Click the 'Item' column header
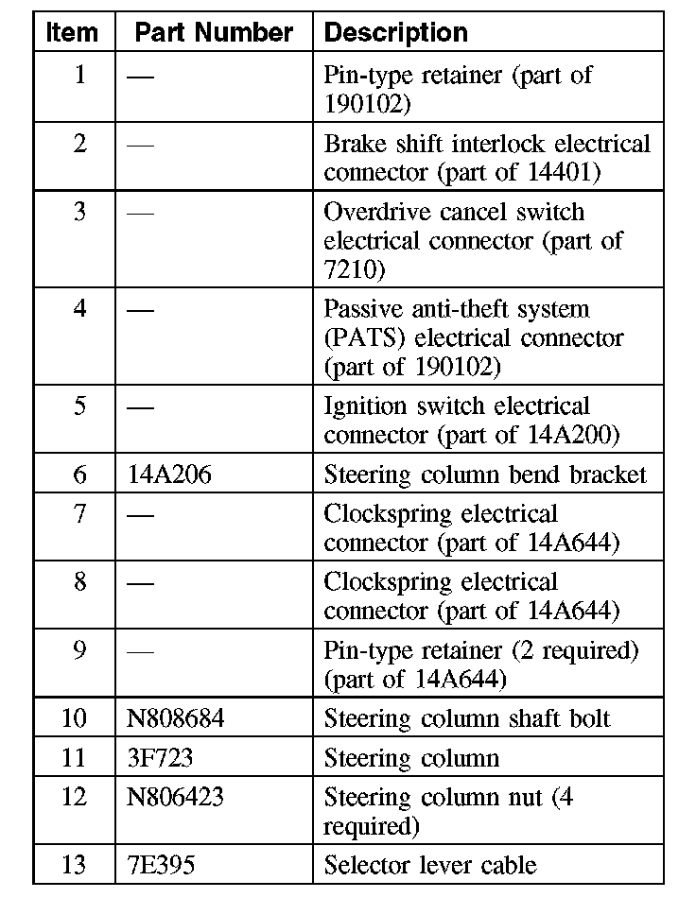click(72, 32)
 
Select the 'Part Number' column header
click(214, 32)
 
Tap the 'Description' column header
click(395, 32)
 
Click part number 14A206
click(169, 474)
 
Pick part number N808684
click(176, 717)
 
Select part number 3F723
click(160, 758)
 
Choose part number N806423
click(176, 798)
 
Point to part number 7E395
click(161, 864)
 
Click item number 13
click(74, 864)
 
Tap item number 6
click(79, 474)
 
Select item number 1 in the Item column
click(79, 75)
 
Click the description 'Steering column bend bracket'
click(485, 474)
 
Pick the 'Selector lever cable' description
click(430, 864)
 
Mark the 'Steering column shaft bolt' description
click(467, 717)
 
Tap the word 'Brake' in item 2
click(354, 144)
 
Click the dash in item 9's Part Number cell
click(140, 651)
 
